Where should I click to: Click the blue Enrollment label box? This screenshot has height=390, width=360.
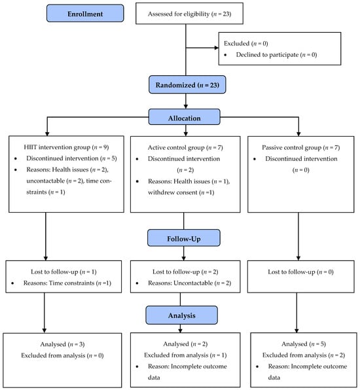click(85, 14)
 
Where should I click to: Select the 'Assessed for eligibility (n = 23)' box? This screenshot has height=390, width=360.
click(189, 14)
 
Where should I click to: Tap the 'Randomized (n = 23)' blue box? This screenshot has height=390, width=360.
click(187, 85)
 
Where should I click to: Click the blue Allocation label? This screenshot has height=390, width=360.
click(185, 117)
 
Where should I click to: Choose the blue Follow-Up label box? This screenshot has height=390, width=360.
click(184, 238)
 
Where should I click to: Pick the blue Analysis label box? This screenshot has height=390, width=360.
click(181, 315)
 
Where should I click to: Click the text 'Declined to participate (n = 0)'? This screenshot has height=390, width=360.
click(276, 55)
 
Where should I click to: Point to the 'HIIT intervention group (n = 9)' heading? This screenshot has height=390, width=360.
click(66, 147)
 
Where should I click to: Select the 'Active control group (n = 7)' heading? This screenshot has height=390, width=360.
click(185, 147)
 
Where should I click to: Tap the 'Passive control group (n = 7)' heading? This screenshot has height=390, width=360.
click(301, 147)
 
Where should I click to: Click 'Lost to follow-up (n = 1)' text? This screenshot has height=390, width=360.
click(63, 272)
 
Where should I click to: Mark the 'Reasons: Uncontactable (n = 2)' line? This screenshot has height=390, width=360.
click(190, 283)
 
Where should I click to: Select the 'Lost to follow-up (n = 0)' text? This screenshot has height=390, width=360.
click(300, 272)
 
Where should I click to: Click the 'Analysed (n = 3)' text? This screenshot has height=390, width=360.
click(62, 344)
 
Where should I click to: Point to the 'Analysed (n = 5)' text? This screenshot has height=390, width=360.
click(304, 344)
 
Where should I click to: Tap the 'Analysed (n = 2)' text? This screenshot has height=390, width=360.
click(185, 344)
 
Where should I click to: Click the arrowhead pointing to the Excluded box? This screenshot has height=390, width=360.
click(217, 48)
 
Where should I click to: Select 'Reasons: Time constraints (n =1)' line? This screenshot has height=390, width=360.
click(67, 283)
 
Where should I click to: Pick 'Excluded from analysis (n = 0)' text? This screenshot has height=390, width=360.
click(62, 355)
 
